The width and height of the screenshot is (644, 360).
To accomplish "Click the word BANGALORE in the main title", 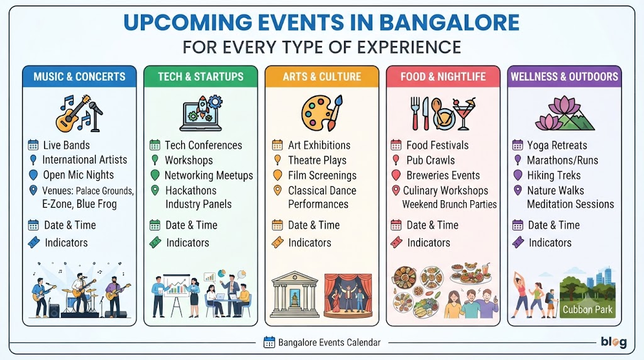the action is pyautogui.click(x=449, y=23).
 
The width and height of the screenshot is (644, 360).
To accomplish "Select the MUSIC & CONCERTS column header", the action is pyautogui.click(x=79, y=76).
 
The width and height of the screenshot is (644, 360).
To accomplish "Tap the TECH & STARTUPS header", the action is pyautogui.click(x=201, y=76).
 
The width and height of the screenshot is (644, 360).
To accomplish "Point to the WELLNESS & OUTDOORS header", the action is pyautogui.click(x=564, y=76).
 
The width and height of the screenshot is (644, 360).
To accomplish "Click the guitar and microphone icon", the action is pyautogui.click(x=79, y=113).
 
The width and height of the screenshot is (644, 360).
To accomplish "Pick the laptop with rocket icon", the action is pyautogui.click(x=201, y=113).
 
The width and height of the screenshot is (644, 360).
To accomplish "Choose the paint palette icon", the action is pyautogui.click(x=321, y=113).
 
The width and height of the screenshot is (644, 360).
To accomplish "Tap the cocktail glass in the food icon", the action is pyautogui.click(x=465, y=113).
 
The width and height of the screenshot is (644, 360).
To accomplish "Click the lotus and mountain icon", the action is pyautogui.click(x=565, y=113).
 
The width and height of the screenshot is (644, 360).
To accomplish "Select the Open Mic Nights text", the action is pyautogui.click(x=79, y=175).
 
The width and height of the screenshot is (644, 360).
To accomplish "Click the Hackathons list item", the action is pyautogui.click(x=191, y=191).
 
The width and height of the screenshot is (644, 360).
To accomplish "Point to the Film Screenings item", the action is pyautogui.click(x=323, y=176).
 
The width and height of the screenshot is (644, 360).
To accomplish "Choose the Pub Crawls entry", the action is pyautogui.click(x=431, y=160).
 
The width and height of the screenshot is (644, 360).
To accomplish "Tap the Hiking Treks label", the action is pyautogui.click(x=554, y=176).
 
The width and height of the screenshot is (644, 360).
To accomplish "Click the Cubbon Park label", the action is pyautogui.click(x=587, y=310).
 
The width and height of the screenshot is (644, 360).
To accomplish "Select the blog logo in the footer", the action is pyautogui.click(x=614, y=342).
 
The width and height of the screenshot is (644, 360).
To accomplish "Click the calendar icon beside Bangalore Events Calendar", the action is pyautogui.click(x=269, y=342).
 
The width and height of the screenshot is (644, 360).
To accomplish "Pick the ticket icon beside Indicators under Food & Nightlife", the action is pyautogui.click(x=396, y=242).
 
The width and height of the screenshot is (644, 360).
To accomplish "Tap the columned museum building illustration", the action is pyautogui.click(x=295, y=295).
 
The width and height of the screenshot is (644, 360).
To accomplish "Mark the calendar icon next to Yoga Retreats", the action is pyautogui.click(x=518, y=145).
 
